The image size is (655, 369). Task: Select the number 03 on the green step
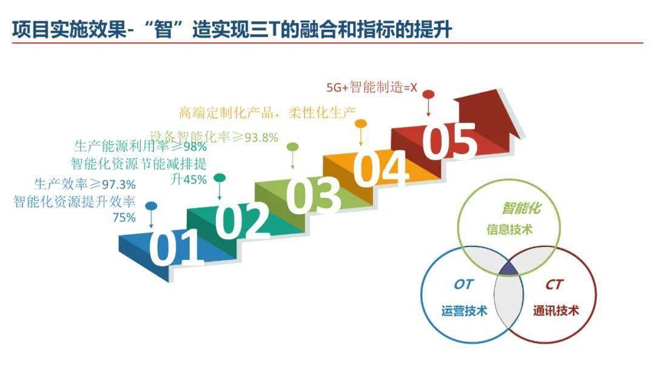pyautogui.click(x=314, y=194)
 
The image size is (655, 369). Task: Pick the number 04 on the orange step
pyautogui.click(x=381, y=167)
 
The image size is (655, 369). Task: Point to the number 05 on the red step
pyautogui.click(x=449, y=140)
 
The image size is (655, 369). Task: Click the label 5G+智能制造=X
pyautogui.click(x=372, y=87)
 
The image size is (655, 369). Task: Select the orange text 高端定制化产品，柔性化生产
pyautogui.click(x=267, y=112)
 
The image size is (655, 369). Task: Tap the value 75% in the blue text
pyautogui.click(x=124, y=218)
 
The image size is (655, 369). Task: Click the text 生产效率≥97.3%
pyautogui.click(x=85, y=184)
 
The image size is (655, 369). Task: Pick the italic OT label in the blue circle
pyautogui.click(x=463, y=285)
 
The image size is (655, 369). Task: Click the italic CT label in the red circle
pyautogui.click(x=554, y=285)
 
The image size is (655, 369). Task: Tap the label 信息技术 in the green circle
pyautogui.click(x=509, y=229)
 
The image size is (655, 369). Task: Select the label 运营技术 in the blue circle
pyautogui.click(x=464, y=311)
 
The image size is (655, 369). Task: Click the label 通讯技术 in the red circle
pyautogui.click(x=556, y=311)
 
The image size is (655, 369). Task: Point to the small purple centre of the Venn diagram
pyautogui.click(x=509, y=269)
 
